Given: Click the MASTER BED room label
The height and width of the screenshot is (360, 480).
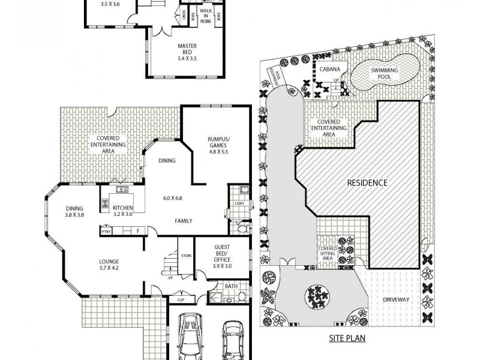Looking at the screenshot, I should (187, 50).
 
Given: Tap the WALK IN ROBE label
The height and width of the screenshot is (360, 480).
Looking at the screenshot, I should (205, 17).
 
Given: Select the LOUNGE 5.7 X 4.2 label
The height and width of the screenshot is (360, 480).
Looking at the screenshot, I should (110, 264).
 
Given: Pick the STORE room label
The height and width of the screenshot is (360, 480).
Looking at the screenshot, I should (186, 256).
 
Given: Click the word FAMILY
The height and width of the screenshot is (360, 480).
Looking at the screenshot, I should (183, 221).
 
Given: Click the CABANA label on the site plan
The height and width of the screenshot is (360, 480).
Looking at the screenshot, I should (329, 69).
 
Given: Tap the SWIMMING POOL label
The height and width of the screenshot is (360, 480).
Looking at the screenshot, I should (384, 73).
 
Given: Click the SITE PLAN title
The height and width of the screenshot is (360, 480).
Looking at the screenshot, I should (346, 338).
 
